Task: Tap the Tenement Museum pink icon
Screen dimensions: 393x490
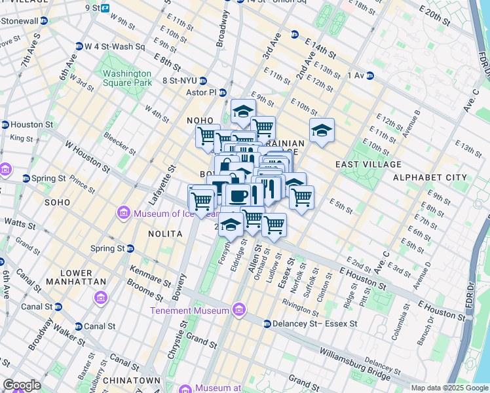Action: (x=239, y=310)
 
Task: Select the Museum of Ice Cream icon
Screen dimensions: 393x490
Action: (x=122, y=213)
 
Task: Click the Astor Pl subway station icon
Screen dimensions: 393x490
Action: (x=222, y=93)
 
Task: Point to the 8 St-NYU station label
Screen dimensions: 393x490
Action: (x=180, y=81)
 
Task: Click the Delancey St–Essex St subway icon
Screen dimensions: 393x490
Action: (x=267, y=324)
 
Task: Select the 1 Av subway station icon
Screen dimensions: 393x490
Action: (x=369, y=75)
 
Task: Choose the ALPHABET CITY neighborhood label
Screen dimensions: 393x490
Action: (x=429, y=178)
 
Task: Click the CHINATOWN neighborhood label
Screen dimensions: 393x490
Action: (x=136, y=381)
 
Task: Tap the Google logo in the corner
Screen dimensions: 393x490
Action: (x=22, y=385)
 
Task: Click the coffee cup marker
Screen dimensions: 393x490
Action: (x=239, y=195)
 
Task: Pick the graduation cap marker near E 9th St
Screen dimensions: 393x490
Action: (x=242, y=111)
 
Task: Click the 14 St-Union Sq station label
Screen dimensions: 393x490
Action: (x=261, y=1)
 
